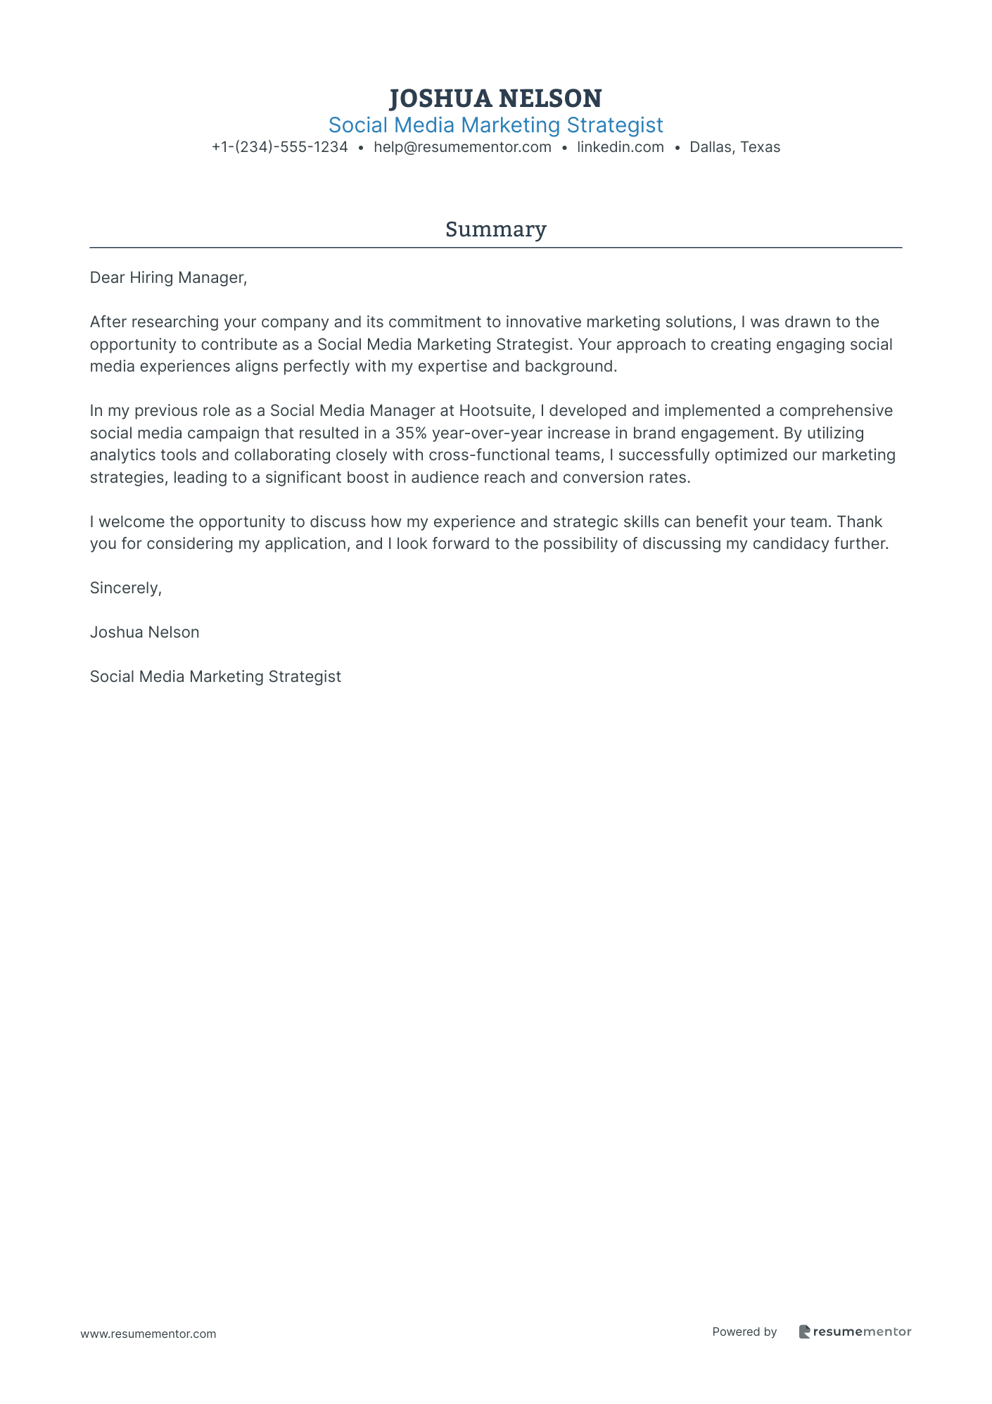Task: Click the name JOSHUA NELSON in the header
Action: [x=495, y=98]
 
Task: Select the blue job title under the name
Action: [x=495, y=125]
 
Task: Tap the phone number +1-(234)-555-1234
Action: [x=280, y=147]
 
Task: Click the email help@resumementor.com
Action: [x=462, y=147]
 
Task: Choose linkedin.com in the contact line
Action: [x=620, y=147]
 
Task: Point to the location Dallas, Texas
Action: [x=735, y=147]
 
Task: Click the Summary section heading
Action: [x=495, y=229]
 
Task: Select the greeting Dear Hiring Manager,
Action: [x=168, y=278]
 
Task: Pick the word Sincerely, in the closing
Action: [x=126, y=588]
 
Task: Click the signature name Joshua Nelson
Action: [x=144, y=633]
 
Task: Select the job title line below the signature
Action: [x=215, y=677]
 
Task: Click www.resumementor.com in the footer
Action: [x=148, y=1334]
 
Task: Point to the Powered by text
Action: [x=744, y=1332]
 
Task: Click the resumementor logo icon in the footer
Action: [x=804, y=1332]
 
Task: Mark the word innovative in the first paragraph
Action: [x=543, y=322]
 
